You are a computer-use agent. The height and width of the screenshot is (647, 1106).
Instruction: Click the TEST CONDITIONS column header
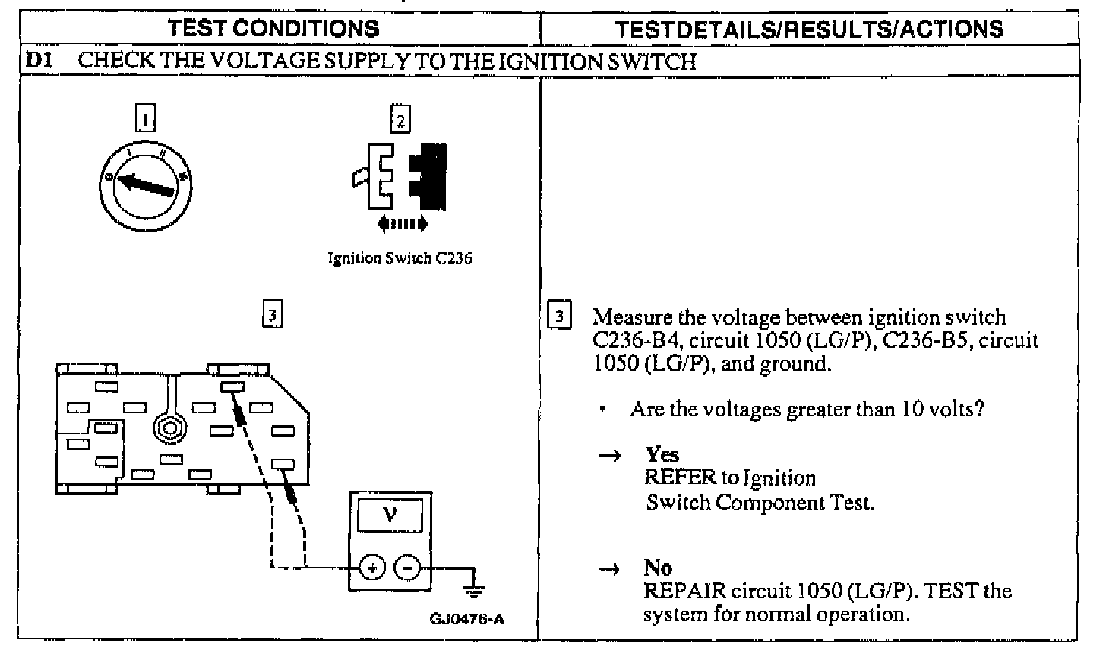[273, 29]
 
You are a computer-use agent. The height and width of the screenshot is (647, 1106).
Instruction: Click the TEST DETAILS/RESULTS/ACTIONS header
[809, 29]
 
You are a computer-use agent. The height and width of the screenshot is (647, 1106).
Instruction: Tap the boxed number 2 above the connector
[400, 118]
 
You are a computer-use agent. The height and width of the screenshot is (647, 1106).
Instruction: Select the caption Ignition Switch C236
[400, 258]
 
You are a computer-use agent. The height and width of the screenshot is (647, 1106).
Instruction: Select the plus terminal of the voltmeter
[371, 567]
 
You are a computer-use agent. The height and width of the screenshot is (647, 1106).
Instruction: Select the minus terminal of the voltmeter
[408, 567]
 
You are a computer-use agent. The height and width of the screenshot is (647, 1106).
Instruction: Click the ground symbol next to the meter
[475, 589]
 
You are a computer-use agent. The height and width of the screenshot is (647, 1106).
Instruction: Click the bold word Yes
[662, 454]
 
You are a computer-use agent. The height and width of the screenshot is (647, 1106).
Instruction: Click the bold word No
[658, 568]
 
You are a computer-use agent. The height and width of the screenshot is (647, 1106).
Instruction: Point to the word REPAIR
[680, 591]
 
